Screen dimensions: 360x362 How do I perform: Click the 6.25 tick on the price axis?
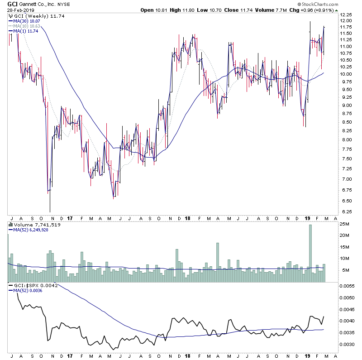tap(347, 211)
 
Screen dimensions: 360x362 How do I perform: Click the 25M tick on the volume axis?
tap(346, 224)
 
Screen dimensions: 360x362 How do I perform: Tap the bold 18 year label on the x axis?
tap(187, 218)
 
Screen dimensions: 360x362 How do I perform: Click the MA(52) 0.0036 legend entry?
tap(28, 291)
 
